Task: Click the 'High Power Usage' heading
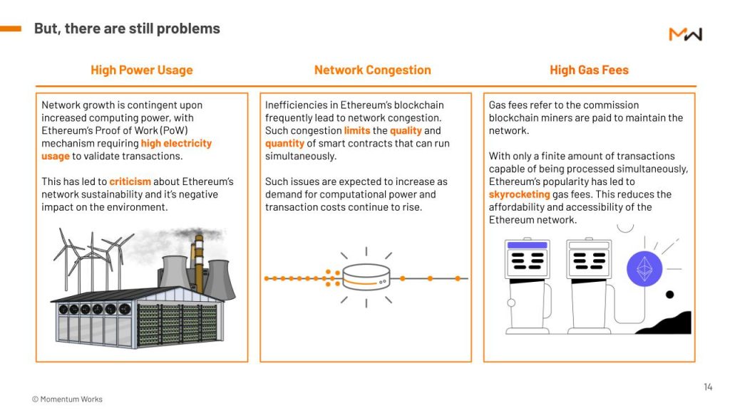pyautogui.click(x=142, y=70)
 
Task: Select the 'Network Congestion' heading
pyautogui.click(x=372, y=70)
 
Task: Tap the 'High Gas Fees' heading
pyautogui.click(x=589, y=70)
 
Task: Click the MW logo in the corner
pyautogui.click(x=685, y=34)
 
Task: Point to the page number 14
pyautogui.click(x=708, y=387)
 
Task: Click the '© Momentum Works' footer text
pyautogui.click(x=67, y=399)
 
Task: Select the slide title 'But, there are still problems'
pyautogui.click(x=127, y=28)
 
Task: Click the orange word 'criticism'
pyautogui.click(x=130, y=182)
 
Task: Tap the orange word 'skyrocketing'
pyautogui.click(x=519, y=194)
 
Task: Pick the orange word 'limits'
pyautogui.click(x=357, y=131)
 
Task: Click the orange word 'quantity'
pyautogui.click(x=284, y=144)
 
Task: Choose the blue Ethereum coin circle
pyautogui.click(x=644, y=269)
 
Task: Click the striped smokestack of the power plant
pyautogui.click(x=199, y=263)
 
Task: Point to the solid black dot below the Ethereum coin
pyautogui.click(x=669, y=294)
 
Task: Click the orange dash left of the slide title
pyautogui.click(x=11, y=28)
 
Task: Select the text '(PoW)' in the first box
pyautogui.click(x=174, y=131)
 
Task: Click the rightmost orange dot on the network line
pyautogui.click(x=458, y=278)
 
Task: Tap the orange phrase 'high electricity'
pyautogui.click(x=177, y=143)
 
